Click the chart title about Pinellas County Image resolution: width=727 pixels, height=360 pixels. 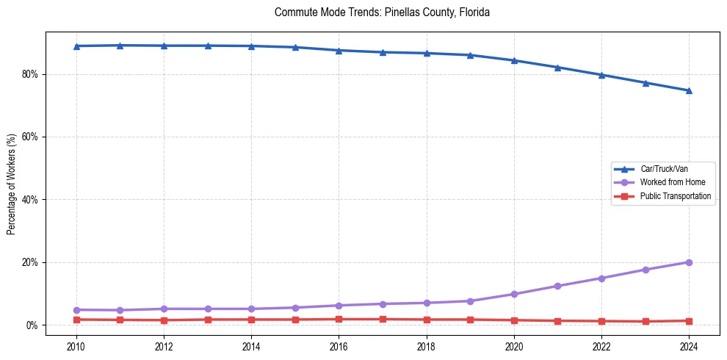382,12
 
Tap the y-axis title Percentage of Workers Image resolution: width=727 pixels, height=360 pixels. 12,184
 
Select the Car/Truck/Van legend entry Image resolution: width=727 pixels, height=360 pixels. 663,169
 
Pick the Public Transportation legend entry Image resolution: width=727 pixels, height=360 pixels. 676,196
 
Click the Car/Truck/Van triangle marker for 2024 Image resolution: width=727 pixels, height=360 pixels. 689,90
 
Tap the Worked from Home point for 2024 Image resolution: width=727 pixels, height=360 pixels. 689,262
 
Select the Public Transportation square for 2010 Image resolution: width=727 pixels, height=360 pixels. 76,320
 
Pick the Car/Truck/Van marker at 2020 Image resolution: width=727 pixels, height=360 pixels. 514,60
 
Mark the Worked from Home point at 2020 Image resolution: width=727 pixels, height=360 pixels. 514,294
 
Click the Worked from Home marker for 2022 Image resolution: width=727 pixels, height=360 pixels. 601,278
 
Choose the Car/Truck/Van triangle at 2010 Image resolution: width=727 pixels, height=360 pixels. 76,46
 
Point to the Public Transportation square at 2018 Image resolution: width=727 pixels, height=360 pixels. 427,320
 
